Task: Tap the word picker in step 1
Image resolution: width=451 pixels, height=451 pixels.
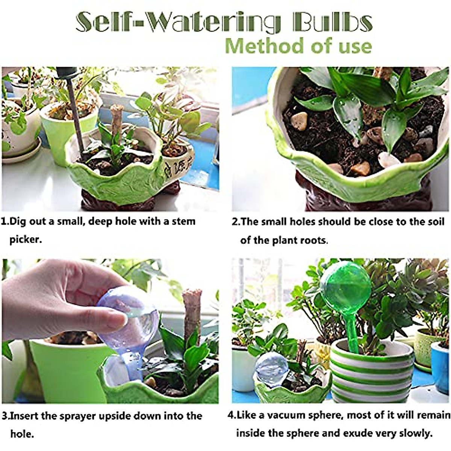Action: tap(25, 239)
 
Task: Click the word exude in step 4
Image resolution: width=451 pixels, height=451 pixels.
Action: tap(345, 433)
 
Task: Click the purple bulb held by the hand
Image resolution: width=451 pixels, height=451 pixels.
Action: tap(128, 323)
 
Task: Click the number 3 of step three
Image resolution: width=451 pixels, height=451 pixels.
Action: tap(5, 416)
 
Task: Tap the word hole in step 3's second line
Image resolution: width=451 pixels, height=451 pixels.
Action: tap(21, 434)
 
